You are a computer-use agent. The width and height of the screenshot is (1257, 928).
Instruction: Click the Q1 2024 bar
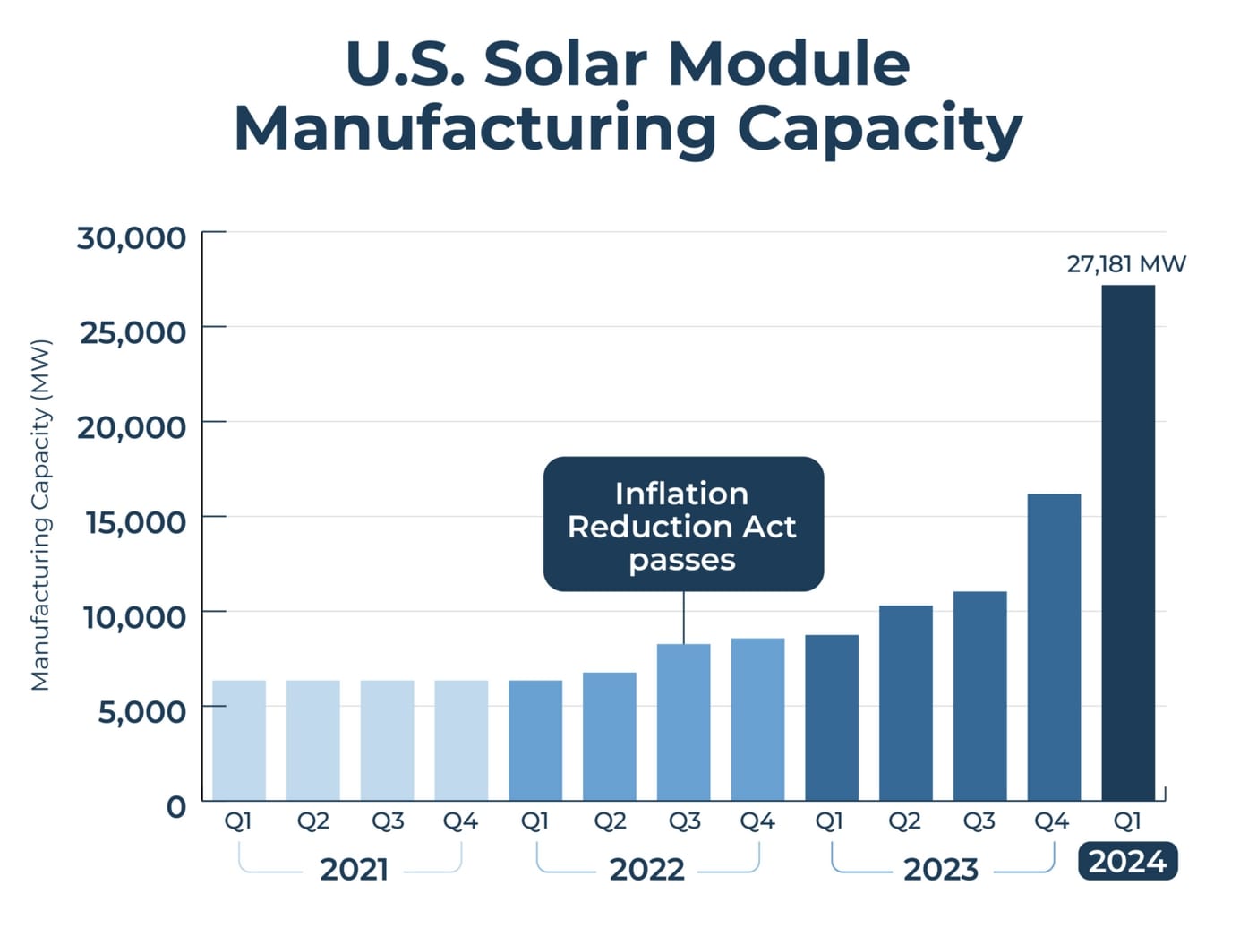1128,543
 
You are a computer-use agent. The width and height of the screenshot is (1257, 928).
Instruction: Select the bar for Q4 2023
1054,647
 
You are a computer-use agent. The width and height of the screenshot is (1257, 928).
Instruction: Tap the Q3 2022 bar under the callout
683,722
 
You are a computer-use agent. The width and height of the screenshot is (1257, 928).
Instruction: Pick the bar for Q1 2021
239,740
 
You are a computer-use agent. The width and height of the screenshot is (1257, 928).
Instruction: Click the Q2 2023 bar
905,702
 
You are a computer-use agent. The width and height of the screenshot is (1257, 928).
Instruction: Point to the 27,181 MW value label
1125,264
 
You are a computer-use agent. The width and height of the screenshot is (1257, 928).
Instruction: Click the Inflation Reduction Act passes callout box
683,525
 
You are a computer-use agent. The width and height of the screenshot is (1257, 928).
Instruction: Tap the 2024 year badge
1127,862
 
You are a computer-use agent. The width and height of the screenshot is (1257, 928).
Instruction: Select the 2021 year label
354,869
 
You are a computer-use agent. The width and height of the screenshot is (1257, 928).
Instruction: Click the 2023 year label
940,869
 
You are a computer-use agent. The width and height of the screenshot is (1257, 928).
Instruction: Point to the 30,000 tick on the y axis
132,238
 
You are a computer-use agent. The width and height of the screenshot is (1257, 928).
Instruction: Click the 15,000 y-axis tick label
135,521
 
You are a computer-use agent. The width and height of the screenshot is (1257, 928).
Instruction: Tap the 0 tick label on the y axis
176,806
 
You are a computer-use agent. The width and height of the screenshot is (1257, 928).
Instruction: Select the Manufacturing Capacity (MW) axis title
41,515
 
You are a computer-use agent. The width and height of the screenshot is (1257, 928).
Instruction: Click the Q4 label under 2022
757,821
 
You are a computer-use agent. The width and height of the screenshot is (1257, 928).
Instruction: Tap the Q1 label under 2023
829,821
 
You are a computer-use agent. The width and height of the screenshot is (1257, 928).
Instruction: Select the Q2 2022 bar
609,736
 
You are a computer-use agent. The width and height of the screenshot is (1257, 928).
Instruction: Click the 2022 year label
646,869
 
